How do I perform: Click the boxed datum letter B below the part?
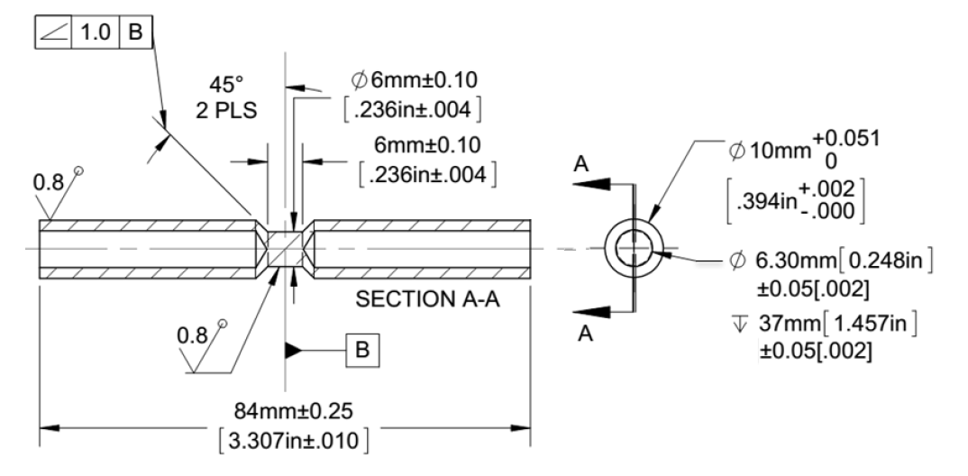363,349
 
